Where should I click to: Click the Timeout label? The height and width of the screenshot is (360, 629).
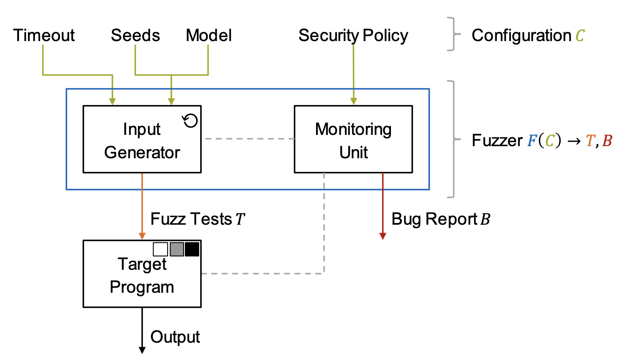click(x=44, y=35)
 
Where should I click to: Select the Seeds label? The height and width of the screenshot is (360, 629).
click(x=135, y=35)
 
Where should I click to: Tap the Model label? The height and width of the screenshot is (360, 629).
click(x=209, y=35)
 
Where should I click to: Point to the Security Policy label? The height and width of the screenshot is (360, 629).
click(x=353, y=35)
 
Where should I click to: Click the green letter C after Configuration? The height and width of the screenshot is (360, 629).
click(x=580, y=36)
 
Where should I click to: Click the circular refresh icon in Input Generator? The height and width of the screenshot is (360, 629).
click(x=190, y=120)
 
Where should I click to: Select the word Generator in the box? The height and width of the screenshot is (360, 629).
click(x=142, y=153)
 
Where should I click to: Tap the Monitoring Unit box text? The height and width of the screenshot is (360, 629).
click(x=353, y=140)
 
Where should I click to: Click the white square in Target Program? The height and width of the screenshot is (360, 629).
click(x=160, y=249)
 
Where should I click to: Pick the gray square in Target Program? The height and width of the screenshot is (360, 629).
click(x=177, y=249)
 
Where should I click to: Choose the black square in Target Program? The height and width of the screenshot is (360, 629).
click(x=192, y=249)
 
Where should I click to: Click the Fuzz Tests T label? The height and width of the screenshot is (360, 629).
click(x=197, y=219)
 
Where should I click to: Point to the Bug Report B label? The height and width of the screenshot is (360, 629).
click(x=441, y=219)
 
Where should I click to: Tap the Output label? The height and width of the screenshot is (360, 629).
click(x=175, y=337)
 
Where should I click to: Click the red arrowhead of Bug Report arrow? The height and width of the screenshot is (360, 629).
click(x=383, y=236)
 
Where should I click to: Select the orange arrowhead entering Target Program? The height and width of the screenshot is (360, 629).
click(x=142, y=236)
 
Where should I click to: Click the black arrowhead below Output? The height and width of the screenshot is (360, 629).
click(x=142, y=350)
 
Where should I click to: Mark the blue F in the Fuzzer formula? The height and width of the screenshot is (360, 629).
click(x=532, y=141)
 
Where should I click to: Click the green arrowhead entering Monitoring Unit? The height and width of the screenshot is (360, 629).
click(x=354, y=101)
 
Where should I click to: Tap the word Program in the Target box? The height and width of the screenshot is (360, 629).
click(x=142, y=287)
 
